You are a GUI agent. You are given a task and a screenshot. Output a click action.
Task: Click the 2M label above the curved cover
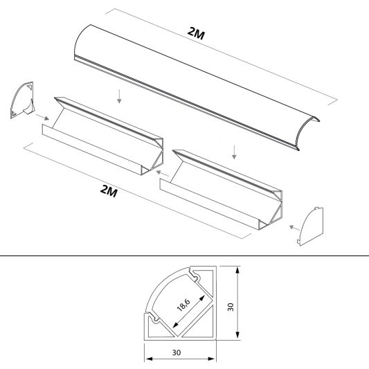(196, 32)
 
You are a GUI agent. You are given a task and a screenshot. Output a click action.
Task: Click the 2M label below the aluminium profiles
(109, 191)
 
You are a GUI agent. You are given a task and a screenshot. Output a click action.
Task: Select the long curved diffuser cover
(201, 87)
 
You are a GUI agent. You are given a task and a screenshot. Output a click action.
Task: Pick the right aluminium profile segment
(222, 187)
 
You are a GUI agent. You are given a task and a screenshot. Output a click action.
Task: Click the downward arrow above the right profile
(236, 150)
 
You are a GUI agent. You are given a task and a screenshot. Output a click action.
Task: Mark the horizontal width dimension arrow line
(181, 359)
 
